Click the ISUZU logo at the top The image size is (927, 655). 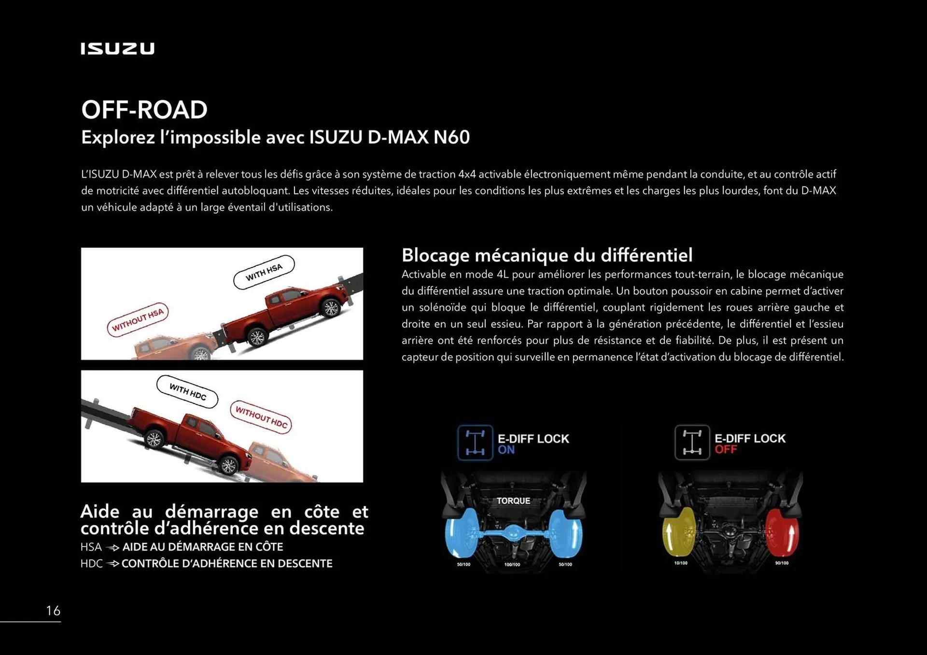[117, 49]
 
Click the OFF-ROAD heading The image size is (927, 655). [144, 110]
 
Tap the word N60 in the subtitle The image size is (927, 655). [451, 137]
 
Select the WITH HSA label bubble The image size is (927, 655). [264, 272]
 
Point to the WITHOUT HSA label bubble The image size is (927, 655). [138, 320]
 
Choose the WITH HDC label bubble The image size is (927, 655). [187, 392]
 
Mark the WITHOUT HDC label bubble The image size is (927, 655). [261, 417]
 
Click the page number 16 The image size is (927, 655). [53, 611]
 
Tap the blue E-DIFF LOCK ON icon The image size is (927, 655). [475, 442]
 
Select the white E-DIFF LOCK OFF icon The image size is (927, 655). [692, 442]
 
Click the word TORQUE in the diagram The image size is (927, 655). [513, 501]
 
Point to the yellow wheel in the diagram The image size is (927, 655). [678, 531]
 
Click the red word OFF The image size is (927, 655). [726, 450]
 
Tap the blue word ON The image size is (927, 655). [506, 450]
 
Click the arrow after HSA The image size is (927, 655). [112, 548]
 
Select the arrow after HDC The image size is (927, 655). [112, 564]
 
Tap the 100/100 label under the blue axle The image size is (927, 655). [512, 564]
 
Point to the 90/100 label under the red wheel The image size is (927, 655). [782, 563]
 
